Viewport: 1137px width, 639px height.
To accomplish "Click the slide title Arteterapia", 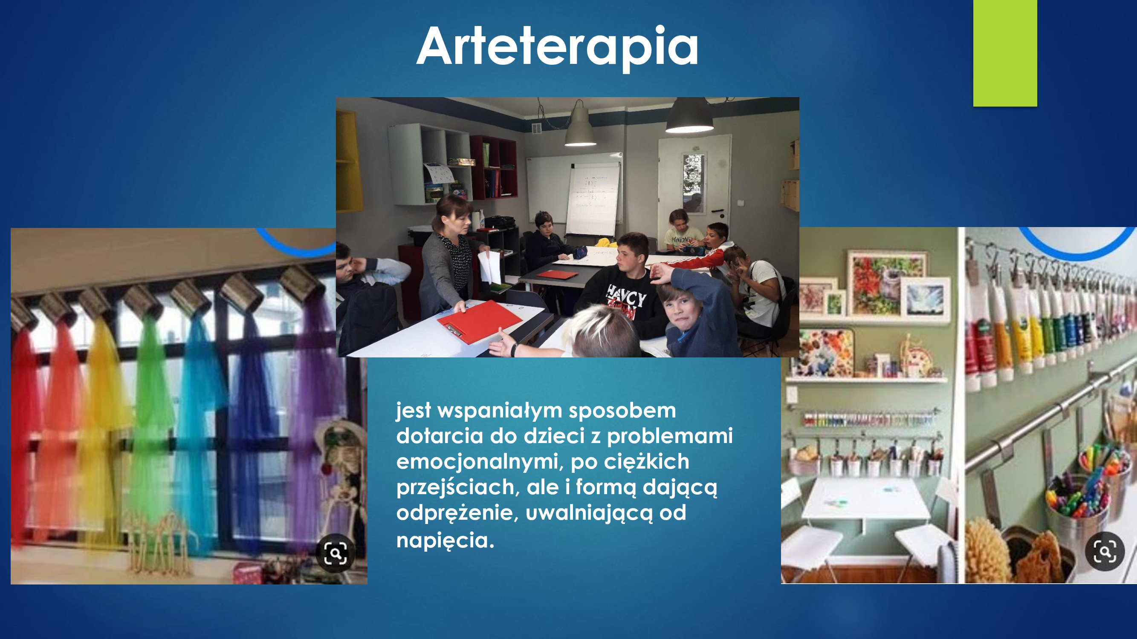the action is [558, 46].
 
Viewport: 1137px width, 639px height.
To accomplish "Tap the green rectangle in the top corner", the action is [1005, 53].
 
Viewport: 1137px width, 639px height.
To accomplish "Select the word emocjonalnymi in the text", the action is [479, 461].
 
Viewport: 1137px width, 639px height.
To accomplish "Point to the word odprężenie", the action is [457, 513].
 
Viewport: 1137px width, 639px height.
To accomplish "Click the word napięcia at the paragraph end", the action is [445, 540].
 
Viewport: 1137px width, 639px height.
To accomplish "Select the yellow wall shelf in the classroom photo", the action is [349, 161].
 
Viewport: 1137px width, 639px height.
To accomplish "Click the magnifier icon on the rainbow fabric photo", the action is [336, 553].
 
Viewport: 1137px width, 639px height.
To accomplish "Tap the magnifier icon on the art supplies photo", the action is [1105, 551].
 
